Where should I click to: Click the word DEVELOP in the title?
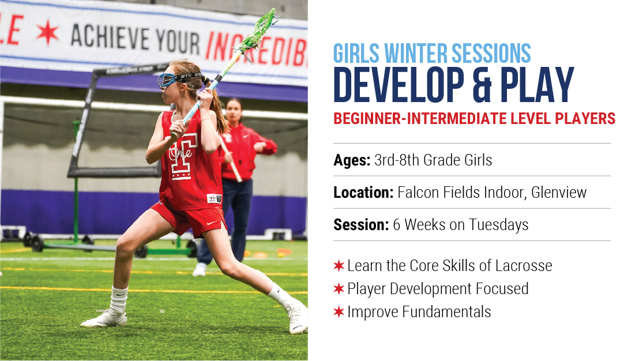pos(399,85)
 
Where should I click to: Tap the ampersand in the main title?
pos(482,85)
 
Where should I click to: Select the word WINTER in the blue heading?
pos(416,54)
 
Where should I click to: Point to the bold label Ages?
pos(352,160)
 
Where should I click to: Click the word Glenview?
pos(559,192)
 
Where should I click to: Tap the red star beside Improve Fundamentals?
pos(339,312)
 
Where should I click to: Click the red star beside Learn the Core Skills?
pos(339,266)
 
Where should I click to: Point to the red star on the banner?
pos(48,32)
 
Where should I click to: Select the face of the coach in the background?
pos(233,110)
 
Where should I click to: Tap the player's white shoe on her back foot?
pos(104,319)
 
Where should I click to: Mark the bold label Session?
pos(361,225)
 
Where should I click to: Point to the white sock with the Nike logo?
pos(118,300)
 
